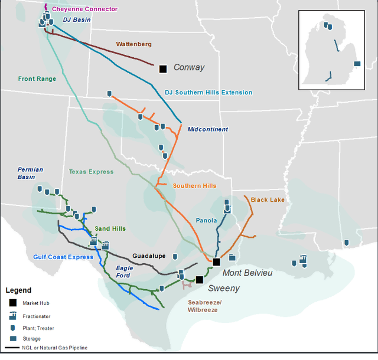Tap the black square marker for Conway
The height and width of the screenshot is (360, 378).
pos(163,68)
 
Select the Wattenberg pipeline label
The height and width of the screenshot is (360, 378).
pos(133,44)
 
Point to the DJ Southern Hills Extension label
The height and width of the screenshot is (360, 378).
pos(208,93)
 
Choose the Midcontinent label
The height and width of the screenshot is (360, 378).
pos(207,129)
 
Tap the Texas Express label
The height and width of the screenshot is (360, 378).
pos(91,172)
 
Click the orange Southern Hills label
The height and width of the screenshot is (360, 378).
pos(194,186)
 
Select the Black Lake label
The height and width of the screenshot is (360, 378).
pos(268,200)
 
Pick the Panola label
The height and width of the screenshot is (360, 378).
pos(207,221)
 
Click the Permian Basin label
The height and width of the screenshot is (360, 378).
pos(30,173)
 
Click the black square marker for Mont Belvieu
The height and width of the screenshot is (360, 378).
pos(217,261)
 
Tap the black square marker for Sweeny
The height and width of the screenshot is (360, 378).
pos(200,280)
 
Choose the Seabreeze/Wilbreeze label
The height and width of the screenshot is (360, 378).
pos(204,306)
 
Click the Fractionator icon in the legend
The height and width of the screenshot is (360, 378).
pos(12,315)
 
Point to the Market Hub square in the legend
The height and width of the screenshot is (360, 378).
pos(12,303)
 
